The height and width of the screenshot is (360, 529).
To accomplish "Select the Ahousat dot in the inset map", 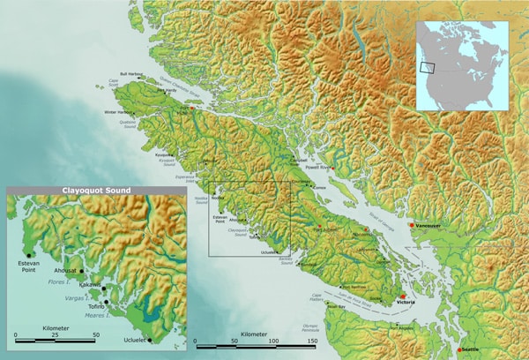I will click(x=81, y=272).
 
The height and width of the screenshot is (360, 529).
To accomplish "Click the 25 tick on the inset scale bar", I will click(x=56, y=336).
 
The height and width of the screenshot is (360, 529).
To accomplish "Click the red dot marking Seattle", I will click(x=460, y=351).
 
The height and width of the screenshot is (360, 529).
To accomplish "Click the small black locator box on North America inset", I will click(x=428, y=66).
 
